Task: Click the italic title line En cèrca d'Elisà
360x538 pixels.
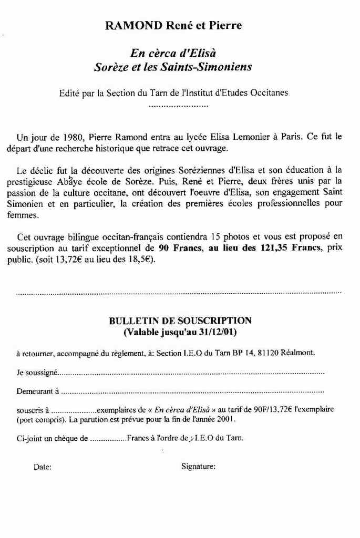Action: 173,53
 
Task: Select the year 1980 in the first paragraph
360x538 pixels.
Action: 67,138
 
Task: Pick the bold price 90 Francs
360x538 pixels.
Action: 178,249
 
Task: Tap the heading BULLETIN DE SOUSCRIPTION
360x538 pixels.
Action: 180,320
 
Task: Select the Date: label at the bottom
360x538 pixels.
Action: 43,466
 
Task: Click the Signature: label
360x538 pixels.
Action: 198,466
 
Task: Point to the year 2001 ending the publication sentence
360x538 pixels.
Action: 227,420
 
